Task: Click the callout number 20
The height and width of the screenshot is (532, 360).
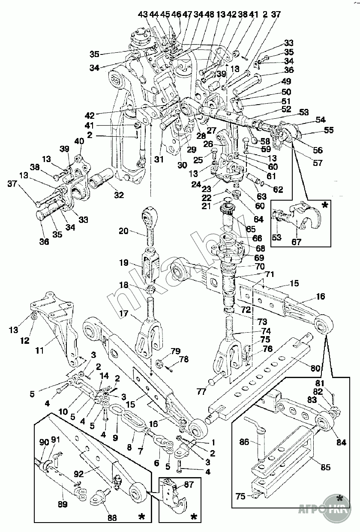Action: (123, 231)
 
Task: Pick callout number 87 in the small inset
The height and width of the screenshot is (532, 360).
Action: (188, 484)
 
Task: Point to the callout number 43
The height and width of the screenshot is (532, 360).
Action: (142, 15)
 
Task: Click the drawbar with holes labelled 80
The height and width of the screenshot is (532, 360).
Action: (266, 377)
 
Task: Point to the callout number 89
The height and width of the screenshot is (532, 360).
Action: (63, 505)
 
